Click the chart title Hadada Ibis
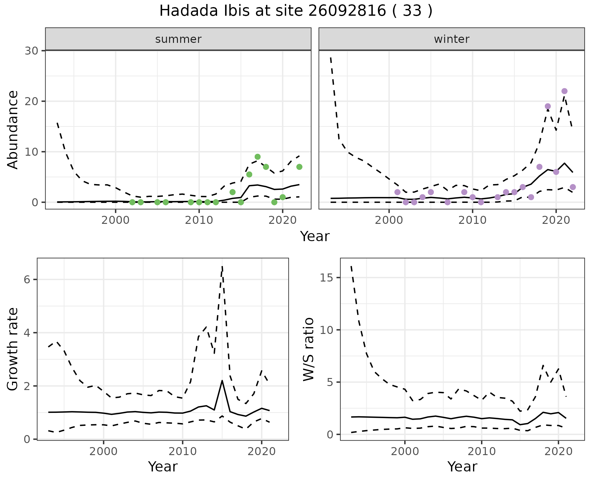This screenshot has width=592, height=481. (296, 11)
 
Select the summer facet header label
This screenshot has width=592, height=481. (178, 39)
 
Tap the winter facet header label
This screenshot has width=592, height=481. (451, 39)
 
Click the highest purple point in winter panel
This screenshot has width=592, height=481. (564, 91)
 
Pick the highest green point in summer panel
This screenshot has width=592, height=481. (258, 157)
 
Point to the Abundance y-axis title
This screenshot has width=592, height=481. (13, 129)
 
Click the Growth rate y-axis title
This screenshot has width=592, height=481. (13, 349)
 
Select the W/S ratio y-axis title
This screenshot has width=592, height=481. (308, 349)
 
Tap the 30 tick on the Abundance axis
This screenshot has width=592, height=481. (31, 51)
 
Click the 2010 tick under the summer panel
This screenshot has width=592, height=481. (199, 220)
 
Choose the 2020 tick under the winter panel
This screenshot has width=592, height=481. (556, 220)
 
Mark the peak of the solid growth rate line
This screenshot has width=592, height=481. (222, 380)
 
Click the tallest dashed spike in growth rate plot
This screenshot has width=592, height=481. (222, 266)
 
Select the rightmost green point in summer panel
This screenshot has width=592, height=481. (299, 167)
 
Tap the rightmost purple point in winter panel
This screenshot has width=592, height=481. (573, 187)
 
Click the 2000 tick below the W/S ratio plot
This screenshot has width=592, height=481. (405, 452)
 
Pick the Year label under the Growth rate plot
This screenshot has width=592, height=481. (162, 467)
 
